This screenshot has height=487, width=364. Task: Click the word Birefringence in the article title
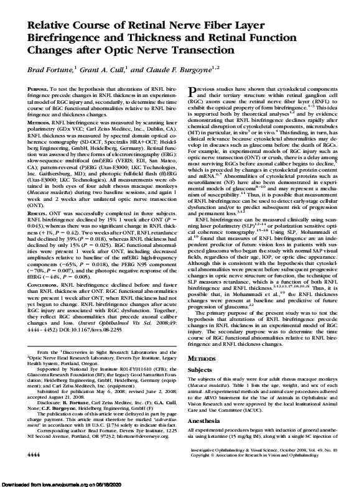(58, 37)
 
